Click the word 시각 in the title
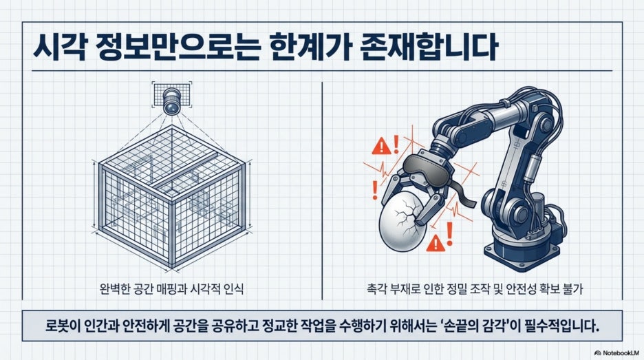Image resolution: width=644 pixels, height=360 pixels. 60,47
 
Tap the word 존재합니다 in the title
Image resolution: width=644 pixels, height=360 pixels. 429,47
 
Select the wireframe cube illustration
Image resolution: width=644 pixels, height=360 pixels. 171,198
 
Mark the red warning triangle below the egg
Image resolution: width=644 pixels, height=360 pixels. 436,244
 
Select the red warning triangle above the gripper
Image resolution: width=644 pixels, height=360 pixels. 382,147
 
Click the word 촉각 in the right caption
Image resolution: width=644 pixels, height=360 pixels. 376,288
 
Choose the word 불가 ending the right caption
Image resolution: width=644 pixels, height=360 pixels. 574,288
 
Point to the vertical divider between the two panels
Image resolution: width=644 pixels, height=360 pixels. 322,190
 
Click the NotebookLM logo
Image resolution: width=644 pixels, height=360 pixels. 616,352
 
